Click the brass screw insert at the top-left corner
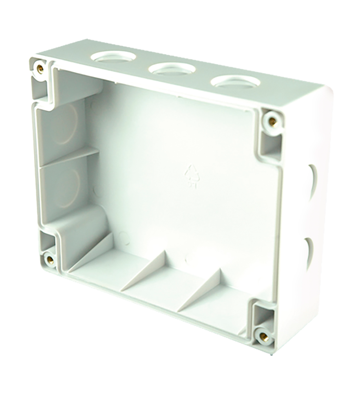39,68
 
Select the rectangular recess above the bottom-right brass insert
261,312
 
